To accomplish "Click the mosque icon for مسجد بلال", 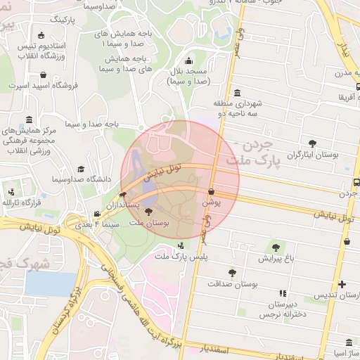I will pos(188,60).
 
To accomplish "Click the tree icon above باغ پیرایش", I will pos(275,247).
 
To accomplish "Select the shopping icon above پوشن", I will pos(211,191).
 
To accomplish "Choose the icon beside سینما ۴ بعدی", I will pos(97,214).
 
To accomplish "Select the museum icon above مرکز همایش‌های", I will pos(28,120).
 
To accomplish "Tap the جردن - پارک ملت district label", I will pos(252,155).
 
